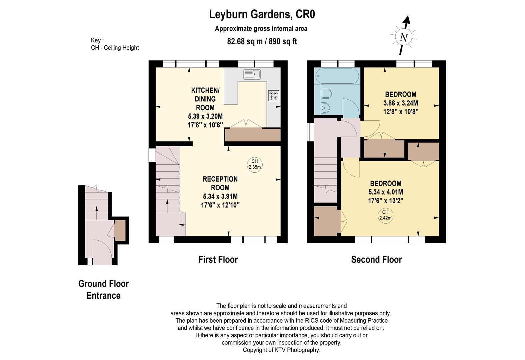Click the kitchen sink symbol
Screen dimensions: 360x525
[x=252, y=74]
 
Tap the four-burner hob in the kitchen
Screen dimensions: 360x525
[x=273, y=96]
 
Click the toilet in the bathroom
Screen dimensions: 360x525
[x=326, y=94]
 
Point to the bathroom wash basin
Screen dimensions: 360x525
[x=325, y=107]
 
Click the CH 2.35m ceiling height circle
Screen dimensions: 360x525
[x=255, y=164]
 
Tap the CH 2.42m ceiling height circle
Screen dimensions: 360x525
[x=385, y=215]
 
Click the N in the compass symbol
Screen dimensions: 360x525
[x=403, y=37]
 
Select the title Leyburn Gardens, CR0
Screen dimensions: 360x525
[x=262, y=14]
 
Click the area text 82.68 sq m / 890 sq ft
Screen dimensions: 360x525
[x=262, y=41]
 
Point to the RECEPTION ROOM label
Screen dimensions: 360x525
[x=220, y=183]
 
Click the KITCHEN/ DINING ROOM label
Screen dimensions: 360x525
[x=205, y=99]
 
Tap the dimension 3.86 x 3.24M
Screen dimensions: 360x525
[x=401, y=103]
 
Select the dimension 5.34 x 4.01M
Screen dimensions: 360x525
[x=385, y=192]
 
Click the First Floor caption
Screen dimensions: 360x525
[x=218, y=259]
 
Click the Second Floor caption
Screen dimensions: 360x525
[x=376, y=259]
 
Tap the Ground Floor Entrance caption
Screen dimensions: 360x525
[x=103, y=289]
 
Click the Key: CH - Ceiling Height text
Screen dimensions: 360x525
[x=115, y=44]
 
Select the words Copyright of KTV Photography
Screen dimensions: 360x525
[x=281, y=350]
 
